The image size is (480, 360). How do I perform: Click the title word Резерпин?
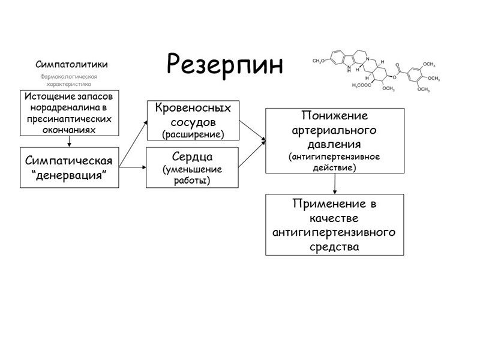click(x=224, y=64)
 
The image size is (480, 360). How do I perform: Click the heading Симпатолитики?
click(x=71, y=64)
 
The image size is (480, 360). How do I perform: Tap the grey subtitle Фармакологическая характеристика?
click(x=68, y=80)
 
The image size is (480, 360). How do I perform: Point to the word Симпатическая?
click(x=69, y=161)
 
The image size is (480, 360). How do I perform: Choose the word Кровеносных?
click(x=193, y=108)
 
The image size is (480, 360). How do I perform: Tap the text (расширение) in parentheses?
click(x=193, y=134)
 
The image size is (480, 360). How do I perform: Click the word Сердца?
click(x=193, y=157)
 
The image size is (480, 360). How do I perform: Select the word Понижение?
click(x=335, y=116)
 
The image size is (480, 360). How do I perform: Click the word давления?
click(x=335, y=145)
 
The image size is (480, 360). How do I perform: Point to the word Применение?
click(x=334, y=204)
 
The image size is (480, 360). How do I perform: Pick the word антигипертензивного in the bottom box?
click(x=334, y=232)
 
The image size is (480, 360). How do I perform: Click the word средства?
click(x=334, y=246)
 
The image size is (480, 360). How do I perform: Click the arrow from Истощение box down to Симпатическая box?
click(x=70, y=141)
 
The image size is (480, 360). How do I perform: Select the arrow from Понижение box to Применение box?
click(x=334, y=184)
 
